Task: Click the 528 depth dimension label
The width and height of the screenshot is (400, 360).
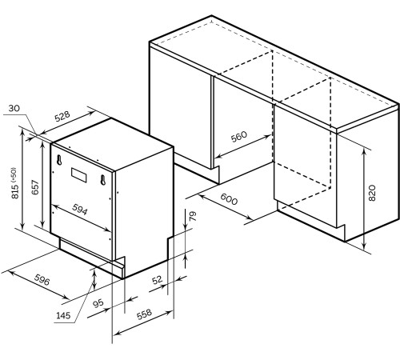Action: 62,116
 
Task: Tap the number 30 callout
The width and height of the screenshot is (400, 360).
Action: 14,108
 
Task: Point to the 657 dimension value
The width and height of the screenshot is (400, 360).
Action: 35,187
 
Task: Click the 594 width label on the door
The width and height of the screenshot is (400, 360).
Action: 80,209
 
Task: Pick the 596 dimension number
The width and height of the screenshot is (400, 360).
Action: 42,279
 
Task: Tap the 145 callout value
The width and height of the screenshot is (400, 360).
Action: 63,315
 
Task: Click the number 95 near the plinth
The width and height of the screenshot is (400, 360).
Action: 98,303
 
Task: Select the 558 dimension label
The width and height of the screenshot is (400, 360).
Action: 144,314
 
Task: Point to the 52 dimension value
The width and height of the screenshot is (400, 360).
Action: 157,280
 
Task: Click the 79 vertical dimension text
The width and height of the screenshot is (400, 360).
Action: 193,216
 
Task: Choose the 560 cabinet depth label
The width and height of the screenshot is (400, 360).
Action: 239,137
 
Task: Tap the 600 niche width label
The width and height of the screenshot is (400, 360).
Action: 229,199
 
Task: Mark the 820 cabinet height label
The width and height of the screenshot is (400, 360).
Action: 372,193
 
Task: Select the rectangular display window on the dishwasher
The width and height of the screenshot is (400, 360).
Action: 79,174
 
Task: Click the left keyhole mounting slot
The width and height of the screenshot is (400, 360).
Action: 59,159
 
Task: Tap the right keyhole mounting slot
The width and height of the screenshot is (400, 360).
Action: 103,180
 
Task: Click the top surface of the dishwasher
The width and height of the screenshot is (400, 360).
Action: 112,144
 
